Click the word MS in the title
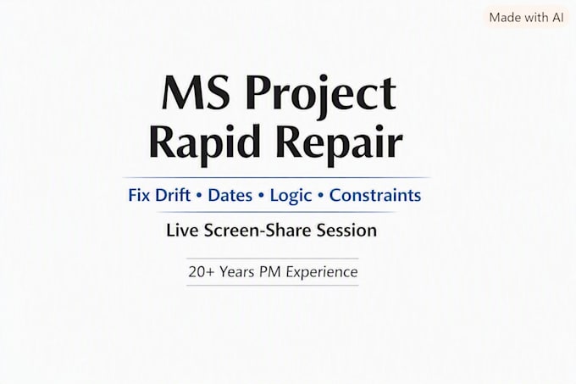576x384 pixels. (x=196, y=92)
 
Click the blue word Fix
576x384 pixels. (x=139, y=195)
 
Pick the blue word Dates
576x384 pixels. (x=230, y=195)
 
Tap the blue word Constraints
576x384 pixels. (x=375, y=195)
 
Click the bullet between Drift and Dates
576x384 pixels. (x=199, y=196)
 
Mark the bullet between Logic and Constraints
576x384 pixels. (x=321, y=196)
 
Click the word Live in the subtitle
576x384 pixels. (x=181, y=231)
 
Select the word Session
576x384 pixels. (x=346, y=231)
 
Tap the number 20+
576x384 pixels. (x=201, y=272)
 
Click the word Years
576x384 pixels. (x=237, y=272)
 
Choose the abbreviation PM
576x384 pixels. (x=270, y=272)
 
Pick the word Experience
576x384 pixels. (x=322, y=273)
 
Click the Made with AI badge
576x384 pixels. (x=526, y=17)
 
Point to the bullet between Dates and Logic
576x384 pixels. (x=261, y=196)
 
